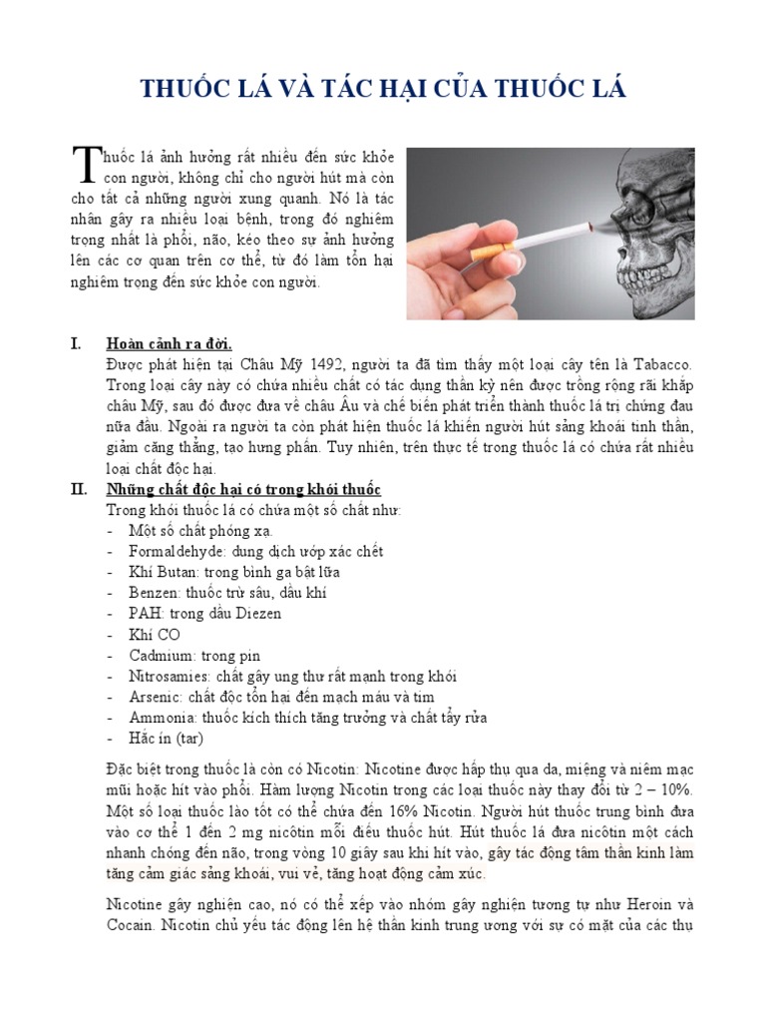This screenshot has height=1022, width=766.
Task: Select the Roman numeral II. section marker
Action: pyautogui.click(x=79, y=490)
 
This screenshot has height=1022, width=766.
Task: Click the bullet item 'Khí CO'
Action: pyautogui.click(x=155, y=635)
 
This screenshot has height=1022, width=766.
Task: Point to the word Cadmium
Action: pyautogui.click(x=162, y=656)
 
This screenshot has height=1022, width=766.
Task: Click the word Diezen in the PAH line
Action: pyautogui.click(x=258, y=614)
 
